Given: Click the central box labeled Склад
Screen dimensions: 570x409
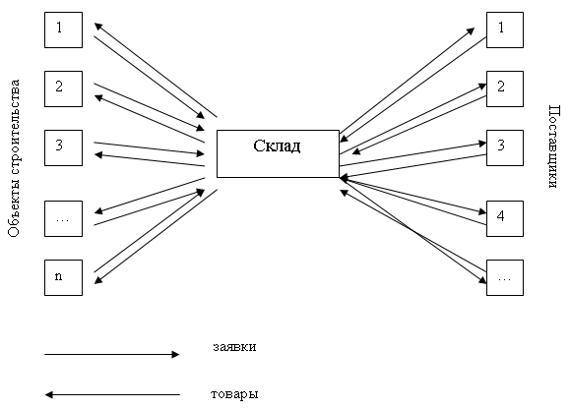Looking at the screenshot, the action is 278,154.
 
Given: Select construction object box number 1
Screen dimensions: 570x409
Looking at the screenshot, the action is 64,29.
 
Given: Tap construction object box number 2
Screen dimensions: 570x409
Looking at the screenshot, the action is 64,88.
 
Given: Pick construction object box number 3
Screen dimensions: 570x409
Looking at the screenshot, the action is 64,148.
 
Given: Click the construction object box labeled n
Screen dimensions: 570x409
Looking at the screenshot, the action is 64,277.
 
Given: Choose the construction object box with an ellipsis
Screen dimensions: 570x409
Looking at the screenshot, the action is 64,219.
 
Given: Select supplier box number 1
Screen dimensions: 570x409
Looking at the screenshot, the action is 505,29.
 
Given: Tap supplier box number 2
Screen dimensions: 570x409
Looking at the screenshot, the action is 505,88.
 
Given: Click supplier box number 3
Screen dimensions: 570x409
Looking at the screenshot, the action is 505,148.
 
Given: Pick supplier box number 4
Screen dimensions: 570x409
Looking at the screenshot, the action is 505,219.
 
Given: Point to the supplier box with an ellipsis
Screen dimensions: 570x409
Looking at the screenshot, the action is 505,277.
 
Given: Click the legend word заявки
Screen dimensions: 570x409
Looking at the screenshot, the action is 234,347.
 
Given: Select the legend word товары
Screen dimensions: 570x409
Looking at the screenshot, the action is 234,394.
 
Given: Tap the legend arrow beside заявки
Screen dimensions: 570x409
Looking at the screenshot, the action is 112,355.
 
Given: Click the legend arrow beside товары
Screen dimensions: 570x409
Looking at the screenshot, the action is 112,395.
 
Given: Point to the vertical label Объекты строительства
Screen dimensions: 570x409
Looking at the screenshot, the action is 14,158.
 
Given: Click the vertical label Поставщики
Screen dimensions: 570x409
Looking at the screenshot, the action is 553,146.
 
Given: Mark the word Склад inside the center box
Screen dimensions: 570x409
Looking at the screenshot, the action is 277,146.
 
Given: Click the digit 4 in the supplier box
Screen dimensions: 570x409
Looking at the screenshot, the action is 500,216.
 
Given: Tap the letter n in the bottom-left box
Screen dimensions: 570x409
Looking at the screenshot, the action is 58,277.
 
